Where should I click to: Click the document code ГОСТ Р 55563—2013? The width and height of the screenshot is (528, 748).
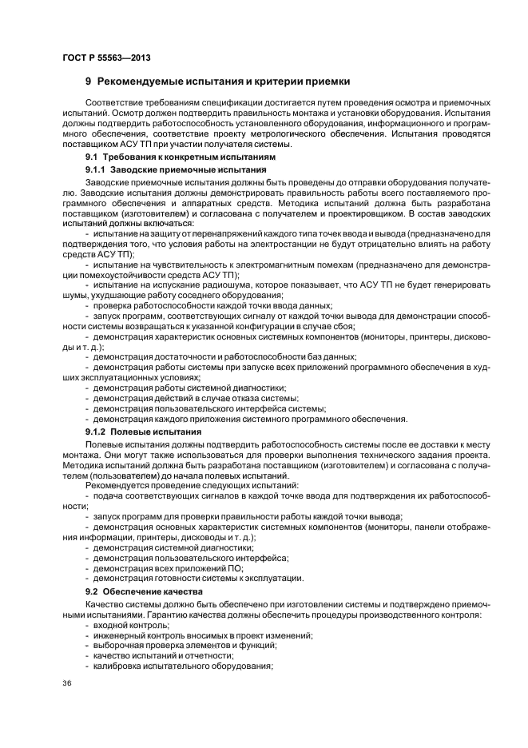click(x=106, y=58)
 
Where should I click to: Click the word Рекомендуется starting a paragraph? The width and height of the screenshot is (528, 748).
click(x=115, y=485)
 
